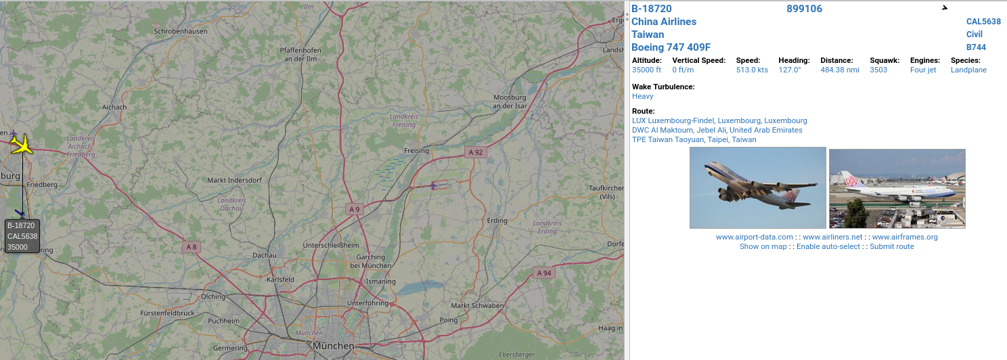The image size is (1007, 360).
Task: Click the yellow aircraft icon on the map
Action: coord(22,143)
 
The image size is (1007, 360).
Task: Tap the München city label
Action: coord(333,346)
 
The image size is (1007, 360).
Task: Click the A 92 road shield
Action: coord(476,152)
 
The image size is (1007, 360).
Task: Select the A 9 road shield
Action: coord(354,209)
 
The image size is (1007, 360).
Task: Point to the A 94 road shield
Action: coord(543,273)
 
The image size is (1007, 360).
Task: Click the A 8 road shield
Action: coord(192,247)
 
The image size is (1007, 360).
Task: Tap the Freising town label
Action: coord(416,150)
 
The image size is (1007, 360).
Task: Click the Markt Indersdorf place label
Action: coord(234,180)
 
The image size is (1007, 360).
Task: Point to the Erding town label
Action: coord(497,221)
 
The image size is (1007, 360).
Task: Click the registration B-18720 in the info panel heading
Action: coord(651,9)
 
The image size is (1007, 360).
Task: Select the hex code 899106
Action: coord(804,9)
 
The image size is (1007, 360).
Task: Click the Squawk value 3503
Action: coord(878,70)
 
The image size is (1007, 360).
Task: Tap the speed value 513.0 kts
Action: coord(752,70)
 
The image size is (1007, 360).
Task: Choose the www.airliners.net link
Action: coord(832,237)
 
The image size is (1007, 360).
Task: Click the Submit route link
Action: coord(891,246)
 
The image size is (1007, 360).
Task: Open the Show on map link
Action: coord(763,246)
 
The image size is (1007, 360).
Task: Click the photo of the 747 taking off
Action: coord(757,187)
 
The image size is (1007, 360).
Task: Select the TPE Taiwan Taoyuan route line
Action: coord(694,139)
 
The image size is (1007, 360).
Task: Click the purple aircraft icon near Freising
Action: coord(434,185)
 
